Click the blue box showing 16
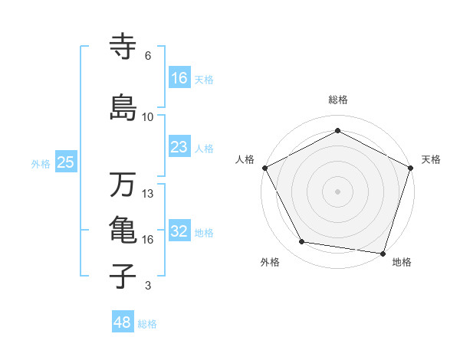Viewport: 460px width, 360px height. point(180,78)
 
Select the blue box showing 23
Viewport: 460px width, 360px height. point(179,147)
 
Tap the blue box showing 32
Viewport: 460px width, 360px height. point(179,232)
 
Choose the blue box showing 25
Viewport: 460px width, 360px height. point(66,162)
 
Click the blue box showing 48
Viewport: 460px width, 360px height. point(123,322)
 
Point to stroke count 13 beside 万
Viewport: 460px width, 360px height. point(148,194)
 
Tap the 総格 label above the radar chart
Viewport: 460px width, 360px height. point(338,100)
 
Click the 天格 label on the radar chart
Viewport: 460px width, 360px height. point(431,159)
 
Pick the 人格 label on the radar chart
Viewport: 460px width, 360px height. point(245,159)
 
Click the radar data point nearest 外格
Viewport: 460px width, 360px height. point(302,242)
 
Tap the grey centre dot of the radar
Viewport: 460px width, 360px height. point(338,191)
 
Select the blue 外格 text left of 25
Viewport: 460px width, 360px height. point(41,163)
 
